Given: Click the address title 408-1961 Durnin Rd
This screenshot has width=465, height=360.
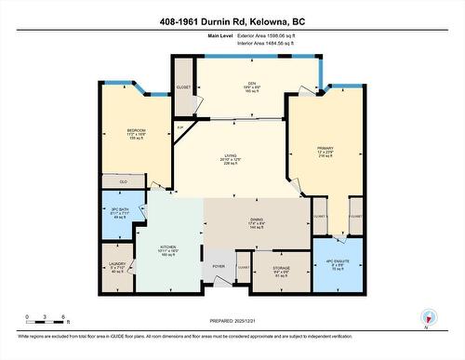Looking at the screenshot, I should click(232, 20).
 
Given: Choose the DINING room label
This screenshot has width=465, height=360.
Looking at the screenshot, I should click(254, 220).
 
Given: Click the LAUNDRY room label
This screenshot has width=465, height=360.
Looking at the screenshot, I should click(118, 267).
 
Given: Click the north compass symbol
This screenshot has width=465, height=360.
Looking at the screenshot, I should click(426, 317).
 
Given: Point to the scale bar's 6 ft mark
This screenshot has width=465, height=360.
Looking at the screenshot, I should click(61, 317).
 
